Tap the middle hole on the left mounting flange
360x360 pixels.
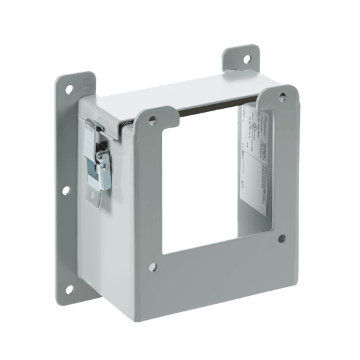[x=66, y=190]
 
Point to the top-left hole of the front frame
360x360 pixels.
[x=151, y=119]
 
